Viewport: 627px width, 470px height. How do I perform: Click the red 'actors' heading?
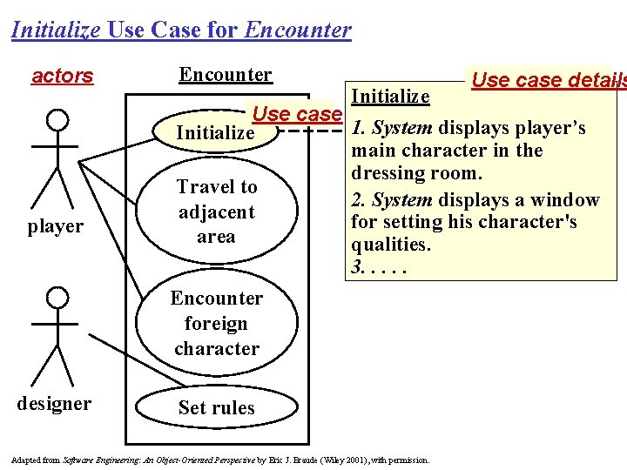(x=62, y=76)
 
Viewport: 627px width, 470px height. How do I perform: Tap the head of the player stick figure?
(x=57, y=118)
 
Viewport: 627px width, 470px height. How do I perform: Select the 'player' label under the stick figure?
(x=55, y=226)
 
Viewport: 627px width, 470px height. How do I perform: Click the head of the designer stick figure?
(x=57, y=299)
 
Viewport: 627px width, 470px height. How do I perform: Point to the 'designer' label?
(x=54, y=404)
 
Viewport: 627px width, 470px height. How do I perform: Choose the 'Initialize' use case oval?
(x=215, y=133)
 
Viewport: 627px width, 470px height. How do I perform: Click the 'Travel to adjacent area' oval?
(x=216, y=211)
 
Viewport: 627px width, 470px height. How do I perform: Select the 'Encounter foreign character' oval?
(x=216, y=323)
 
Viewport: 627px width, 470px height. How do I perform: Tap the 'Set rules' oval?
(x=216, y=407)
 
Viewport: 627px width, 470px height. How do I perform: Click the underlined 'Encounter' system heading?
(x=226, y=75)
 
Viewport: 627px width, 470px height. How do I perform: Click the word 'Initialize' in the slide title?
(x=56, y=30)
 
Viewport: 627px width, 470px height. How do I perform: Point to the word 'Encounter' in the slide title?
(x=298, y=30)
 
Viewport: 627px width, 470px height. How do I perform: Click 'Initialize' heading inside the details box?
(x=389, y=96)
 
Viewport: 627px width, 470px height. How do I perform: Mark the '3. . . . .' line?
(x=377, y=267)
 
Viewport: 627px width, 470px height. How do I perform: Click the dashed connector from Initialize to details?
(x=311, y=133)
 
